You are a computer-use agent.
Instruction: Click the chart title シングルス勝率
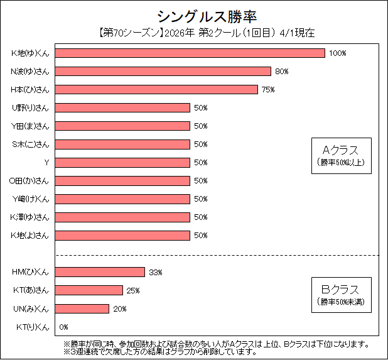coord(194,15)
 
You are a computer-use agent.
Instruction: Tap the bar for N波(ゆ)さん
coord(164,71)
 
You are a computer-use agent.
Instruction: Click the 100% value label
coord(337,53)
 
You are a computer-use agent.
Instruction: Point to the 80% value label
coord(281,72)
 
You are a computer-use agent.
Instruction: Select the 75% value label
coord(268,90)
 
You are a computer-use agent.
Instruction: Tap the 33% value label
coord(156,273)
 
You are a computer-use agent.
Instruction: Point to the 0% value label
coord(63,327)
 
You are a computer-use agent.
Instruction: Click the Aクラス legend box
coord(340,155)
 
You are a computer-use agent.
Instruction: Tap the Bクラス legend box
coord(340,295)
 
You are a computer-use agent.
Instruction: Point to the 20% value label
coord(120,309)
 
